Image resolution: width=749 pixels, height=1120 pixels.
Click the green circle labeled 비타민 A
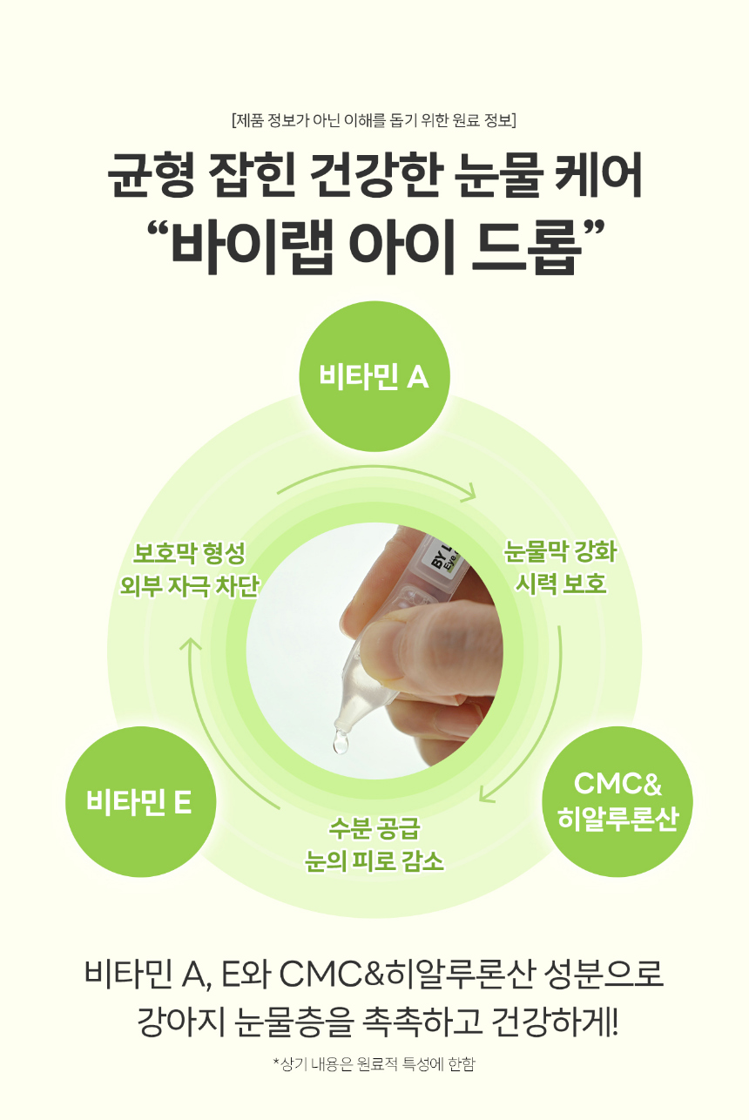(374, 376)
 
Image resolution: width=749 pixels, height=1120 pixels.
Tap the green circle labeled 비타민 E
(140, 801)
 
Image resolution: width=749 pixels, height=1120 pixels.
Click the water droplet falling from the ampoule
(341, 742)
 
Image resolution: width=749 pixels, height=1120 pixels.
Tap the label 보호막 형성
(189, 553)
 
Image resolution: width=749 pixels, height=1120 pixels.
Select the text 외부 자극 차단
(189, 585)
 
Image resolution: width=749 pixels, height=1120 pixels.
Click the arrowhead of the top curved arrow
(470, 494)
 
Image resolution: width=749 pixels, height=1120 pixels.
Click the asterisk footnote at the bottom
(374, 1063)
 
